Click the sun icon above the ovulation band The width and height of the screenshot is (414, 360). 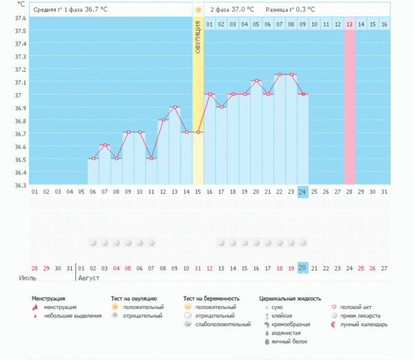(198, 10)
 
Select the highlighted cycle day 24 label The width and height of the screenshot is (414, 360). (302, 192)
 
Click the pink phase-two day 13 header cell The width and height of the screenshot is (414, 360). (349, 24)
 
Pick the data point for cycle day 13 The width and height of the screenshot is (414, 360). (175, 108)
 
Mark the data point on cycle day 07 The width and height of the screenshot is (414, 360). (104, 146)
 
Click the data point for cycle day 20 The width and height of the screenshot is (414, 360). (256, 81)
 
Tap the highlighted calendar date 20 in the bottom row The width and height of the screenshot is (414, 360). (302, 268)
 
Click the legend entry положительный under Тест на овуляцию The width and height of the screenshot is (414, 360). (142, 307)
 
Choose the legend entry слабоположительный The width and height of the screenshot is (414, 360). (223, 323)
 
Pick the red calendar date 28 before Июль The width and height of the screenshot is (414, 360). (34, 268)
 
